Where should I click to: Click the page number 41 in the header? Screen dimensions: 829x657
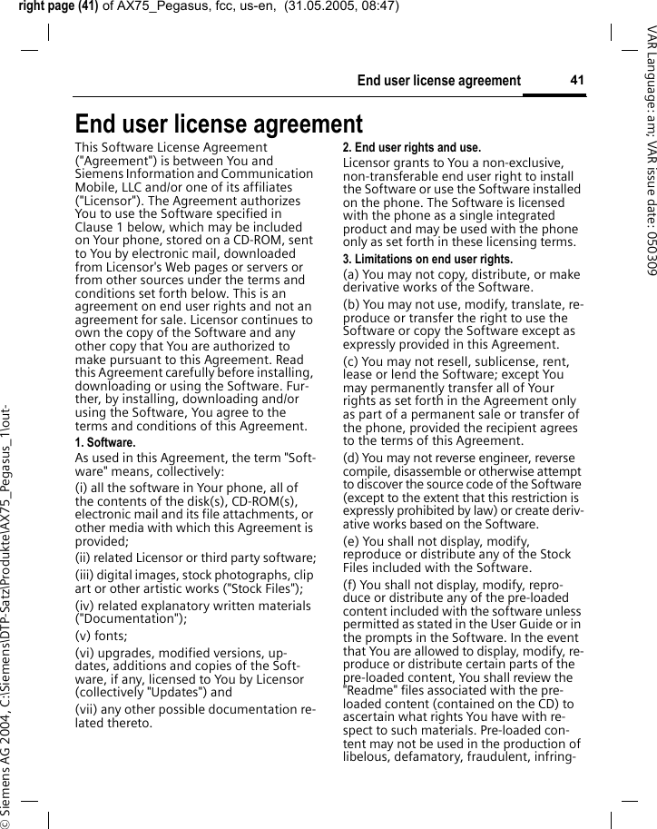(576, 81)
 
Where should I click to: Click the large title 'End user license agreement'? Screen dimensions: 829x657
(219, 123)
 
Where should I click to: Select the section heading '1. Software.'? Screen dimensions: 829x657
(104, 442)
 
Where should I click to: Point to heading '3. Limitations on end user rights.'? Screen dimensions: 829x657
(427, 259)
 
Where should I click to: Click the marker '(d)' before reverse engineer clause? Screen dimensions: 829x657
(352, 457)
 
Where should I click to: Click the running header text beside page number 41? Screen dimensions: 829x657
(438, 81)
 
